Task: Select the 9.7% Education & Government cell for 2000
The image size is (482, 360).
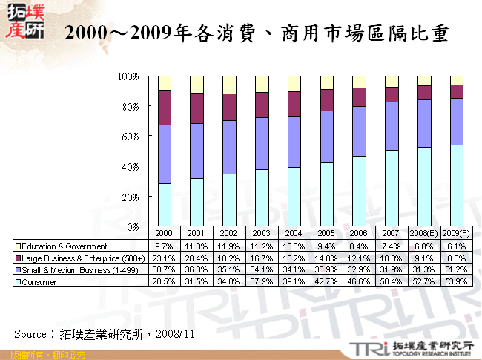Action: (x=165, y=246)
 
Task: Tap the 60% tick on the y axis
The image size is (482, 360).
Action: (x=130, y=137)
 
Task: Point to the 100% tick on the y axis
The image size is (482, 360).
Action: (x=128, y=76)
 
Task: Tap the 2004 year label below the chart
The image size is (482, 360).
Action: (x=294, y=233)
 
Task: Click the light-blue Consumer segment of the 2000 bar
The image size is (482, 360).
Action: (x=165, y=205)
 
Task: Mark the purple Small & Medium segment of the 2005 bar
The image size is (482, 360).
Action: (x=327, y=137)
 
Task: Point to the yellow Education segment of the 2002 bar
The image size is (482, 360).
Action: (x=230, y=85)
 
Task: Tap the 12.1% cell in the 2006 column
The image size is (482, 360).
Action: (x=360, y=258)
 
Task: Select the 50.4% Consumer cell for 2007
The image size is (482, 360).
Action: (x=392, y=283)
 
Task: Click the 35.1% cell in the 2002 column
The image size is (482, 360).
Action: (x=230, y=270)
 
